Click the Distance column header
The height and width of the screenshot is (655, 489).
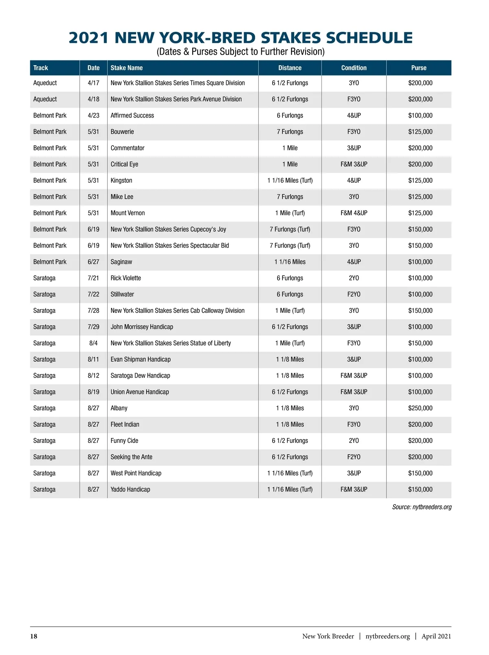pyautogui.click(x=290, y=68)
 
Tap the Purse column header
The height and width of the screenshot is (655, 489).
pyautogui.click(x=419, y=68)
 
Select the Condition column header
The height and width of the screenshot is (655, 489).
pyautogui.click(x=354, y=68)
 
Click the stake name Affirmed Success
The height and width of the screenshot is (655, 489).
pyautogui.click(x=132, y=115)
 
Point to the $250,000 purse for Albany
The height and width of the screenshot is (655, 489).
pyautogui.click(x=420, y=408)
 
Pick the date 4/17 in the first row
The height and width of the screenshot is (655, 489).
pyautogui.click(x=93, y=83)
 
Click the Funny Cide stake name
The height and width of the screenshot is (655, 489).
pyautogui.click(x=124, y=440)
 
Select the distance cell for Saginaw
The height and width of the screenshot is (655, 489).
pyautogui.click(x=290, y=262)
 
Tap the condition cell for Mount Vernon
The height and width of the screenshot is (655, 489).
pyautogui.click(x=354, y=213)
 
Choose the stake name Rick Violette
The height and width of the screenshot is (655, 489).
pyautogui.click(x=126, y=278)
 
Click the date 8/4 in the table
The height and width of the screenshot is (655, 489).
pyautogui.click(x=93, y=343)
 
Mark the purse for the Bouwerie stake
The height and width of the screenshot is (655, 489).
pyautogui.click(x=420, y=132)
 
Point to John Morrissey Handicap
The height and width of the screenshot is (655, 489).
pyautogui.click(x=142, y=327)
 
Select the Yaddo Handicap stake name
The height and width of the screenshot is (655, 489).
pyautogui.click(x=130, y=489)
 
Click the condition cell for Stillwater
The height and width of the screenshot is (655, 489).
pyautogui.click(x=354, y=294)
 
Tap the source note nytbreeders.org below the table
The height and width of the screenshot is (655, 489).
pyautogui.click(x=421, y=507)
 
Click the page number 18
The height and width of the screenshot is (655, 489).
pyautogui.click(x=33, y=636)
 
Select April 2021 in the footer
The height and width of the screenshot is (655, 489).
pyautogui.click(x=436, y=636)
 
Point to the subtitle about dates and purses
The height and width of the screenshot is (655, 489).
pyautogui.click(x=240, y=52)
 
